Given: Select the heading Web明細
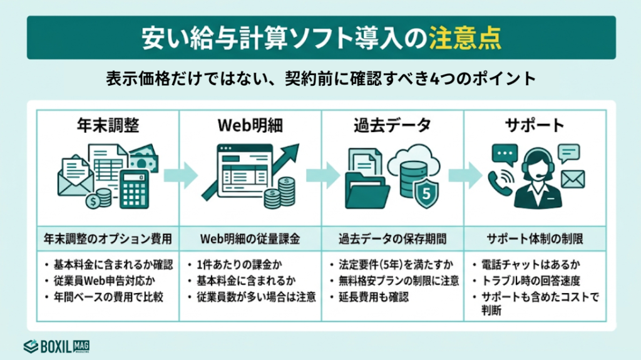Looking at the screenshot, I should pyautogui.click(x=250, y=125).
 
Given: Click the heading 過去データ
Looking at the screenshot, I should pyautogui.click(x=392, y=125).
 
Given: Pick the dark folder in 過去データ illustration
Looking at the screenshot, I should pyautogui.click(x=369, y=192).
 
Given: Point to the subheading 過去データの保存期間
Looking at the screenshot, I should pyautogui.click(x=392, y=239).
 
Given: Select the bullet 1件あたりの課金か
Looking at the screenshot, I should pyautogui.click(x=238, y=264).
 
